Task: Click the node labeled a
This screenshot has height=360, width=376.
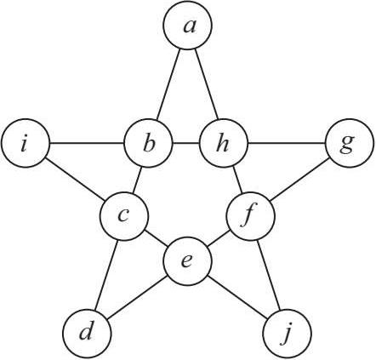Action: (187, 26)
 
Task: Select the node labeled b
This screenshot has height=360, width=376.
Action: (149, 143)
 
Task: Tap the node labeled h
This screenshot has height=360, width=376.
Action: (224, 143)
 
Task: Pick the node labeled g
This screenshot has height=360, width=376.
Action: (350, 143)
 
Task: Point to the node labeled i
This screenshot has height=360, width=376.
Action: (26, 143)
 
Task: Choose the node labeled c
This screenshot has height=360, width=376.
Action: (124, 216)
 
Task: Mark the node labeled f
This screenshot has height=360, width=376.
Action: (250, 216)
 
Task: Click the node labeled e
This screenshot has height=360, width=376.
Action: (187, 261)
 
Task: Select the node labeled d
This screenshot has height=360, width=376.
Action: (87, 333)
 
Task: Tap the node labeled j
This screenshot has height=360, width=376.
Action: (288, 333)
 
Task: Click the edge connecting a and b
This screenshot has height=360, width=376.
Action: (168, 84)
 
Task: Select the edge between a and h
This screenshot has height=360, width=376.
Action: (206, 84)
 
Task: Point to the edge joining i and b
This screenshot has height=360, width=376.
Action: (87, 143)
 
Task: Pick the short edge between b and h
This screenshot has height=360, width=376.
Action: (186, 143)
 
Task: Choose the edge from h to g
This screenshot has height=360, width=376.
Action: (287, 143)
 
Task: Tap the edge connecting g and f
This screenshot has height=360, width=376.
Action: (300, 180)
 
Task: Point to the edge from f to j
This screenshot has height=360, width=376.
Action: (269, 275)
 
